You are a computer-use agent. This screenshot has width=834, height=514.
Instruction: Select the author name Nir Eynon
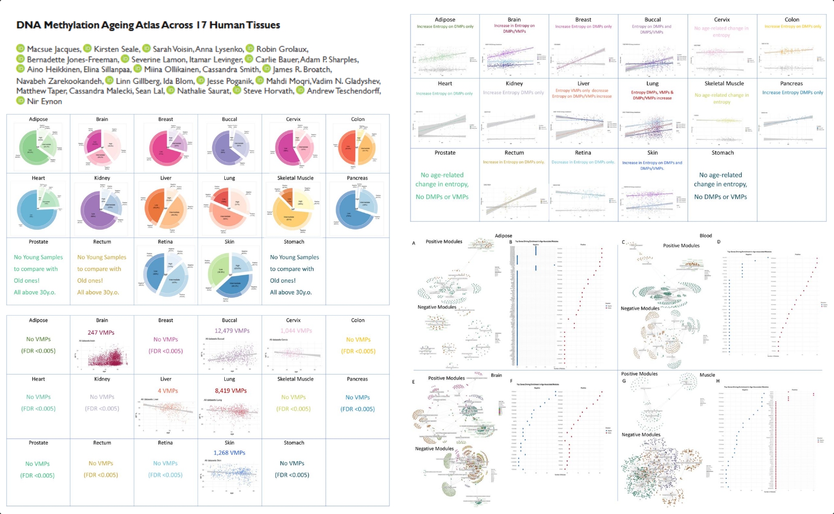click(x=44, y=101)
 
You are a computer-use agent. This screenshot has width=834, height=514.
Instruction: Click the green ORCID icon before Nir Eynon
click(x=20, y=101)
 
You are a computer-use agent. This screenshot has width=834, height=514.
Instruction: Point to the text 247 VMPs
click(x=101, y=333)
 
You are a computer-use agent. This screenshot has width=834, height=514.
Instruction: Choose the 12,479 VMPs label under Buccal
click(x=232, y=331)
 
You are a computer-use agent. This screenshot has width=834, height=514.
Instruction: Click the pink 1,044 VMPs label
click(x=296, y=331)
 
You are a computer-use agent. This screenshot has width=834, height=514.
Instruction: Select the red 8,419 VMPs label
click(x=231, y=391)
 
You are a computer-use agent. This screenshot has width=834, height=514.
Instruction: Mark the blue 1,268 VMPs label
click(x=229, y=453)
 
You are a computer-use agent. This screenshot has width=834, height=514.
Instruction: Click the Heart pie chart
click(x=38, y=207)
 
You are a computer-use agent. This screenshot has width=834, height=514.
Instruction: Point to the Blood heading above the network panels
click(x=706, y=236)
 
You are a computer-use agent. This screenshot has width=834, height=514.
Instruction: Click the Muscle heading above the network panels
click(x=707, y=375)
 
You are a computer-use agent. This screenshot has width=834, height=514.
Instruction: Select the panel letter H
click(x=718, y=381)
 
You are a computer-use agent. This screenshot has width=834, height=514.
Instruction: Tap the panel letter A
click(x=414, y=243)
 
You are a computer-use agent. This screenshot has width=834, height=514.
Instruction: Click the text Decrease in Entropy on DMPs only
click(x=583, y=162)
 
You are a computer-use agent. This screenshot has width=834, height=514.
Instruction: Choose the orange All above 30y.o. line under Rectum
click(x=98, y=292)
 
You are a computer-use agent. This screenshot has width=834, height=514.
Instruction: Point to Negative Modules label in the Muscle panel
click(x=641, y=434)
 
